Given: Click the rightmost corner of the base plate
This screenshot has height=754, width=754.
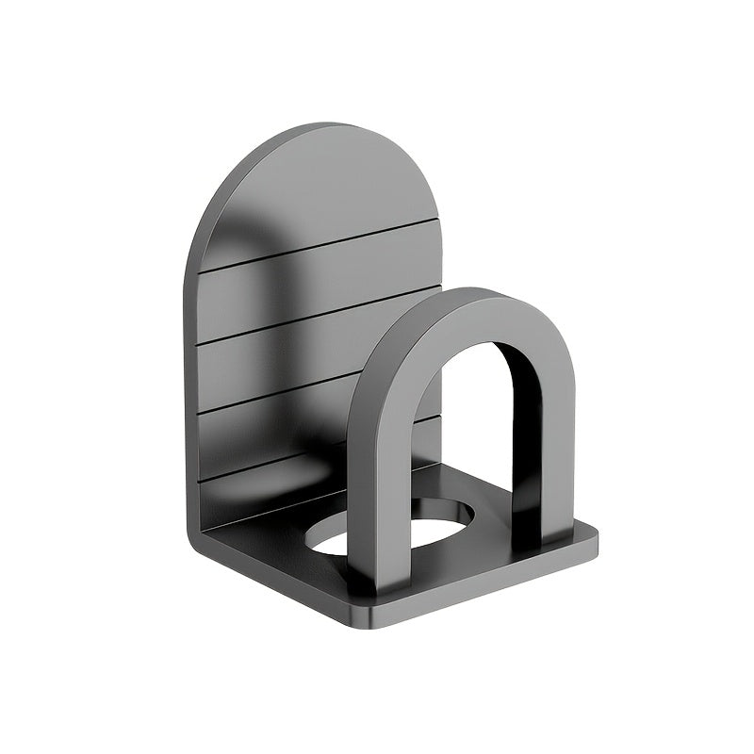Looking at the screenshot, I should [x=596, y=539].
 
